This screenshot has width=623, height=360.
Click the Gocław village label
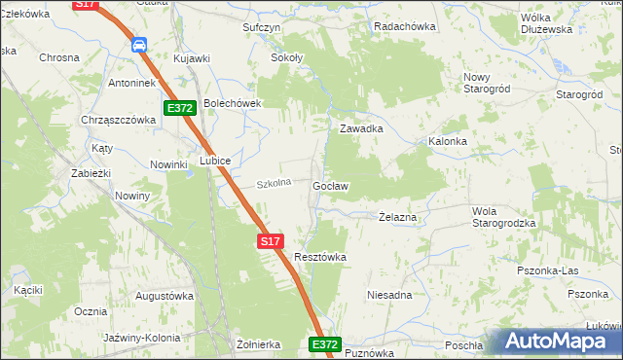pos(331,185)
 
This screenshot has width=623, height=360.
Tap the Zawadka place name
pos(360,128)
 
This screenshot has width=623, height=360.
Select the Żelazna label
pos(397,218)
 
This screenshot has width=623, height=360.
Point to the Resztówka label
pos(320,257)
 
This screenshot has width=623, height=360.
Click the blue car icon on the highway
pos(139,44)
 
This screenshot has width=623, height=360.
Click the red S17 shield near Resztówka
pos(271,239)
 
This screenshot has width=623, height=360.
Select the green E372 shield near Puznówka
pos(326,344)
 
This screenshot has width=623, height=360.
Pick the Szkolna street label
pos(274,183)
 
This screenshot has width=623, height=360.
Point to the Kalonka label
pos(448,141)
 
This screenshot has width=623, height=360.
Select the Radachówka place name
pos(404,27)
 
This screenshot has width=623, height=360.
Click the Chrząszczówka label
pos(120,120)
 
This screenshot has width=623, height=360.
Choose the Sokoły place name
pos(286,58)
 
